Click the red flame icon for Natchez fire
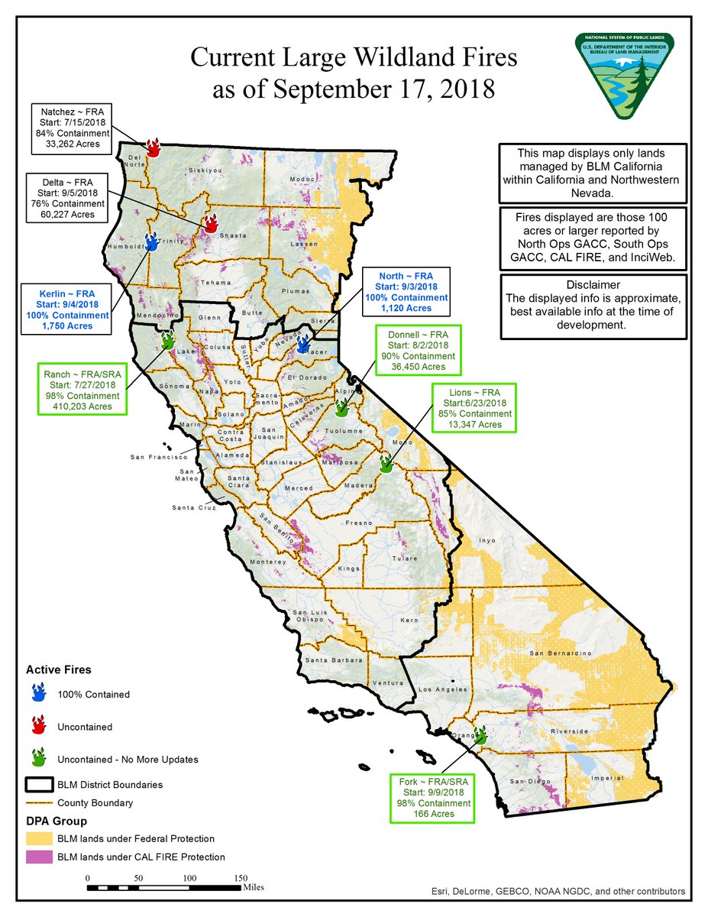pos(152,147)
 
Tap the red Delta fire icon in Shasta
pos(210,225)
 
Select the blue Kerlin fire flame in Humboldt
pos(151,244)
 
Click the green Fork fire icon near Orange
pos(480,736)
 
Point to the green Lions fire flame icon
pos(386,462)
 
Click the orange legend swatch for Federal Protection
pos(40,838)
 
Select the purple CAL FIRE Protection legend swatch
pos(40,857)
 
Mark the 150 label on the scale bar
pos(241,878)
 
